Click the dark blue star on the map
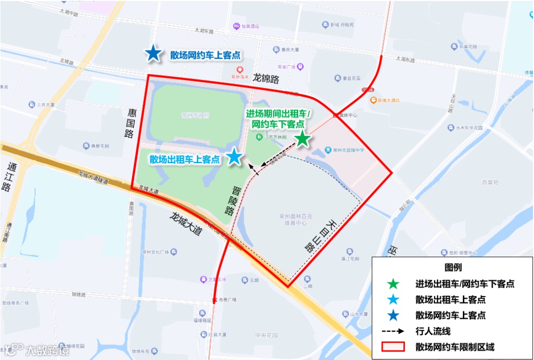(153, 53)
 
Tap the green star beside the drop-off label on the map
(302, 139)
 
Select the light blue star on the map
(234, 157)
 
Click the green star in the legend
(393, 284)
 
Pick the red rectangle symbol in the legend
(393, 347)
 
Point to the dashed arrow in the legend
(393, 331)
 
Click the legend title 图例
(453, 268)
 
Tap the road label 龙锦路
(266, 78)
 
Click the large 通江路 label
(7, 177)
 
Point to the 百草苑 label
(490, 182)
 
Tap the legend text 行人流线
(433, 331)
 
